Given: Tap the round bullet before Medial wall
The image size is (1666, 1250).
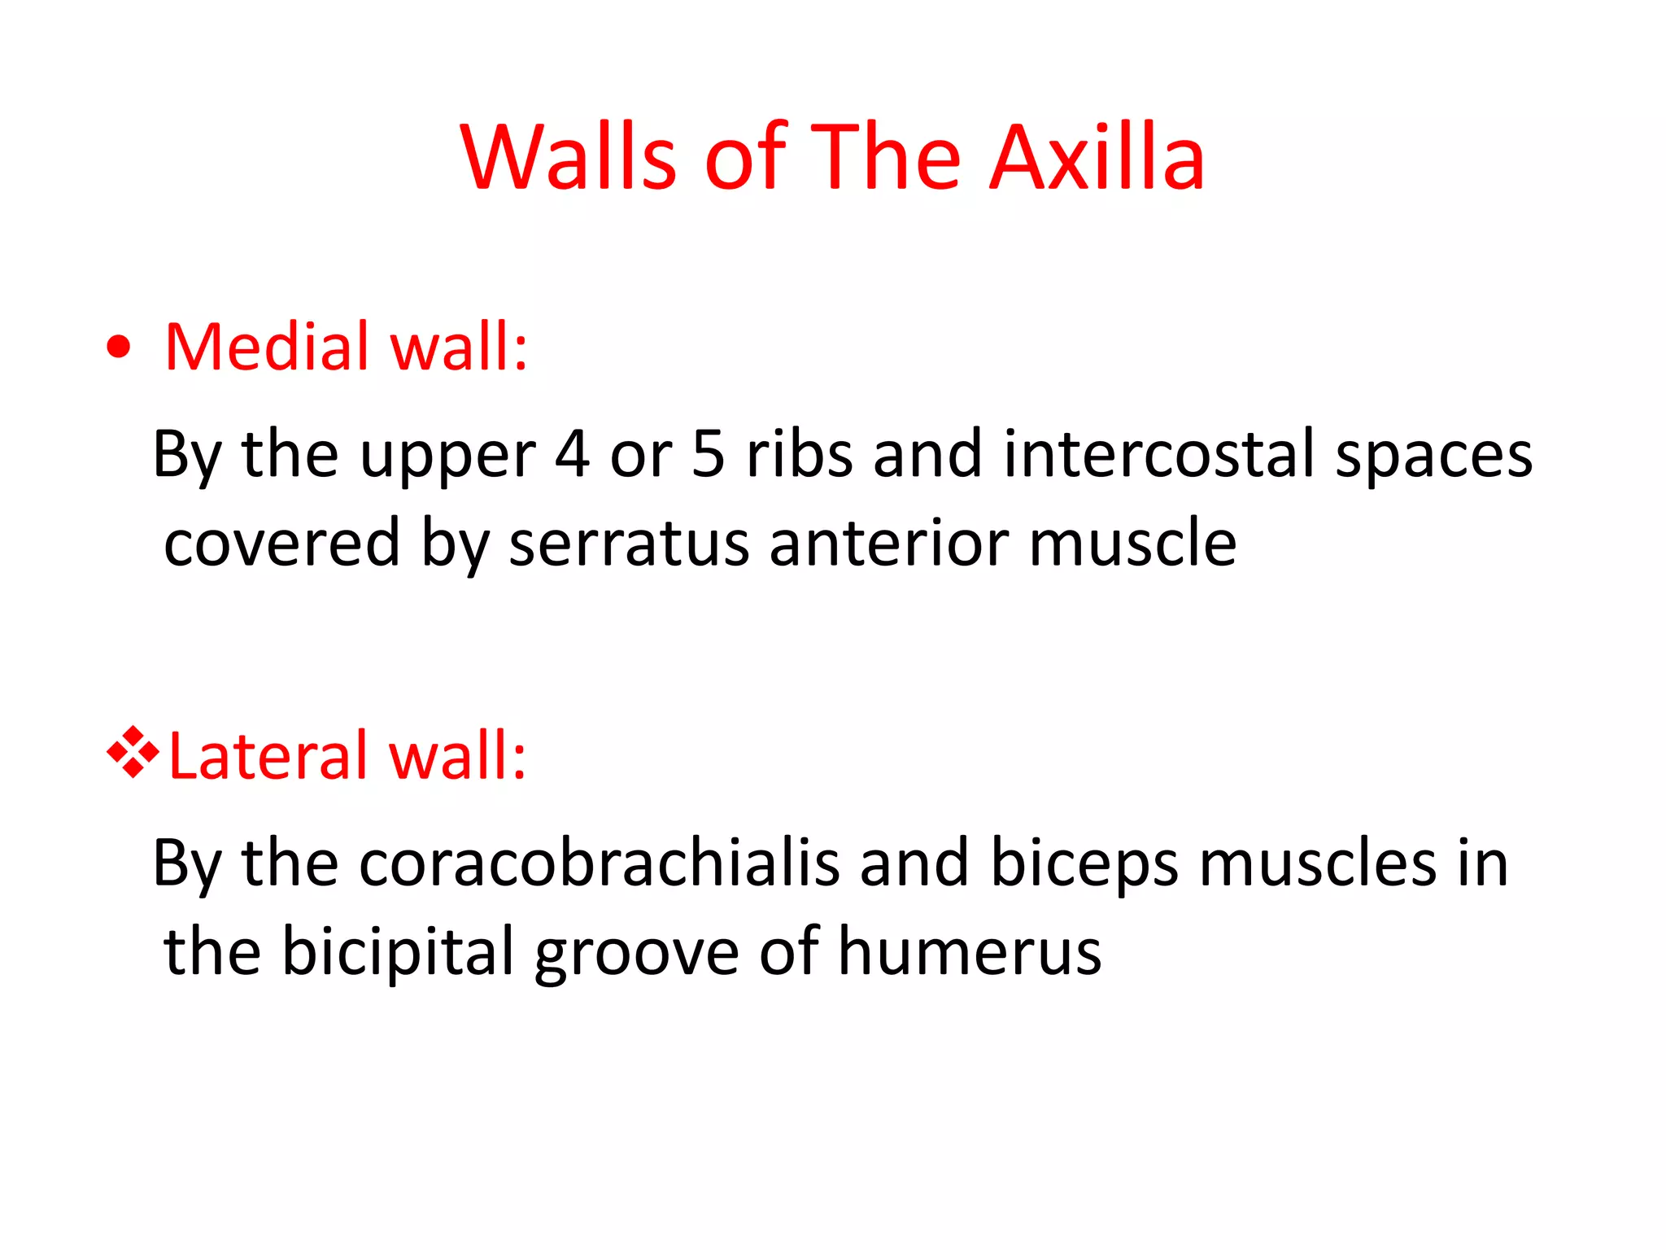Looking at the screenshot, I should point(119,347).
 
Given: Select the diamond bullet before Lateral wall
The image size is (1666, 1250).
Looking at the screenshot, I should point(133,753).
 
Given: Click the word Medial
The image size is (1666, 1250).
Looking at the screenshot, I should point(268,347).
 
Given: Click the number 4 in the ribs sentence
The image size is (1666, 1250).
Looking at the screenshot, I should point(572,454).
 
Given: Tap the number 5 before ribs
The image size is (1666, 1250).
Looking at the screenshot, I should point(708,454).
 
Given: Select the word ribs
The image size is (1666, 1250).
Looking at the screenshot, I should point(799,454).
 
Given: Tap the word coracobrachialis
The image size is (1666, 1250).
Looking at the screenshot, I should point(599,863).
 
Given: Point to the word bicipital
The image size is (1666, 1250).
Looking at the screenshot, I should point(399,951).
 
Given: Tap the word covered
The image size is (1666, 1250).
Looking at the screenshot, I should point(281,544).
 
